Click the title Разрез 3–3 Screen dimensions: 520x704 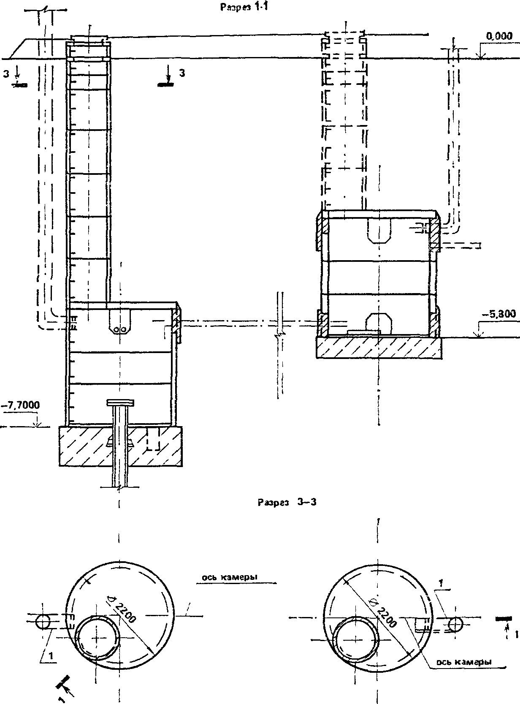point(287,503)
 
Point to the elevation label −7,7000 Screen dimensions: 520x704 point(21,405)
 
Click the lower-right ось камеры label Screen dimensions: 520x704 point(464,662)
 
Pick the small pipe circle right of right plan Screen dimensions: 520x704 point(456,624)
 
